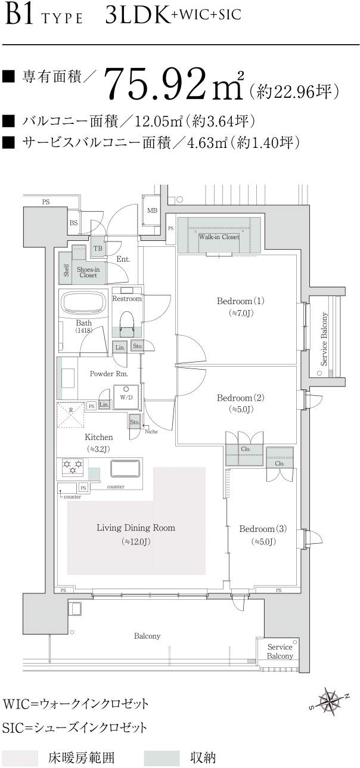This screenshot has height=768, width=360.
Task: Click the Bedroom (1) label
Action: pos(241,301)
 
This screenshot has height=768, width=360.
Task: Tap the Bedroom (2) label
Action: pos(241,398)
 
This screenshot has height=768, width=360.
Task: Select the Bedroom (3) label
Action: pos(263,529)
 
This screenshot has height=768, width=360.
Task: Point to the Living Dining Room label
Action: pos(136,528)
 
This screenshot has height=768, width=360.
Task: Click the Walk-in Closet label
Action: pos(219,237)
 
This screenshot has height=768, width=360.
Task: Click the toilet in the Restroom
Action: pos(127,324)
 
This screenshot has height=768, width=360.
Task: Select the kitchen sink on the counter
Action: pos(125,468)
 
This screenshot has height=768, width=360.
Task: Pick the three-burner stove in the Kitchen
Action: pos(73,467)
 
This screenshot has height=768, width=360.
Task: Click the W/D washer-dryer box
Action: pos(126,397)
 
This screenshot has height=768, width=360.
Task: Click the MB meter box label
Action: pos(152,210)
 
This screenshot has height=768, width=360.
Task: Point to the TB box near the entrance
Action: pos(98,248)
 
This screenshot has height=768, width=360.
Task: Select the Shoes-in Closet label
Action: pos(88,272)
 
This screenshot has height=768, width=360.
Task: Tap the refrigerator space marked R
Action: pos(70,415)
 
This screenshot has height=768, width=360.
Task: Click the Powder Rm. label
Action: pos(108,374)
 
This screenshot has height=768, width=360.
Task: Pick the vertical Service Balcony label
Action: pos(324,339)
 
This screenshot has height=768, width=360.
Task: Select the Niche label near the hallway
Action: pos(151,432)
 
